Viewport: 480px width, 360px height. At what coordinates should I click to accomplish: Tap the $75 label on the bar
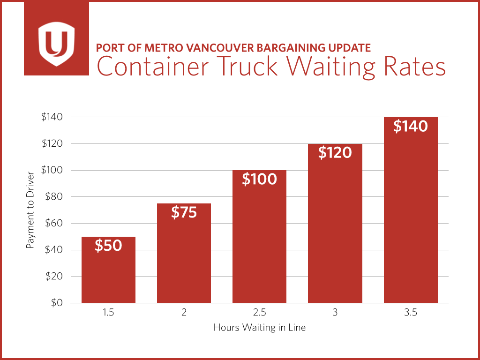tap(184, 212)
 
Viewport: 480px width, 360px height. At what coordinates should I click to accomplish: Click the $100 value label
tap(259, 179)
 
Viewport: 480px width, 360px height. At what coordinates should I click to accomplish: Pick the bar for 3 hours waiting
tap(335, 234)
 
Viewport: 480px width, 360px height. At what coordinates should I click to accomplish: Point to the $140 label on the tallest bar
tap(410, 126)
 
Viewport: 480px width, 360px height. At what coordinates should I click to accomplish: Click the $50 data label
tap(108, 246)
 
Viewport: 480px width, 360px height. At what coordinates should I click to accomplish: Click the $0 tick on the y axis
tap(57, 303)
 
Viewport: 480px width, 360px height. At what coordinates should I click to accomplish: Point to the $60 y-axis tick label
tap(55, 223)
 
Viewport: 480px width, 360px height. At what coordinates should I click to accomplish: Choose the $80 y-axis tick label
tap(55, 196)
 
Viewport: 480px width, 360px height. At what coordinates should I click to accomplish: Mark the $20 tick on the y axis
tap(55, 276)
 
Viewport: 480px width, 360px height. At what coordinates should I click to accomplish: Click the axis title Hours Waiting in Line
tap(259, 328)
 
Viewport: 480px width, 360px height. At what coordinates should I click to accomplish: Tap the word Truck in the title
tap(243, 67)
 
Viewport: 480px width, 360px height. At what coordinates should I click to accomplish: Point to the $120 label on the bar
tap(335, 152)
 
